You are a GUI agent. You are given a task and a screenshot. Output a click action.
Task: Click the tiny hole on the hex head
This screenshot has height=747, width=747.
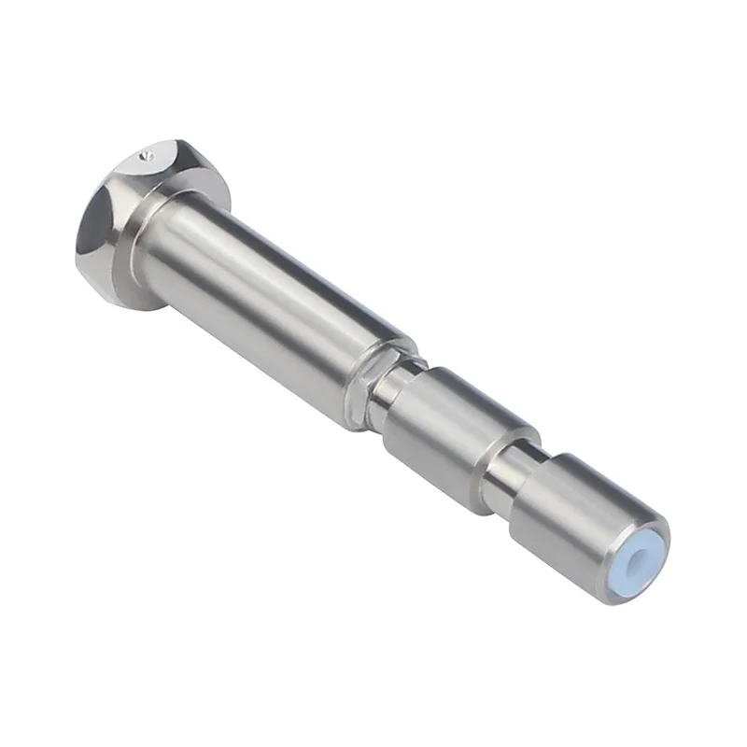click(143, 159)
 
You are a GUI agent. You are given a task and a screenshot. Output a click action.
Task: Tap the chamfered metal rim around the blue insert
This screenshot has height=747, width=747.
click(654, 532)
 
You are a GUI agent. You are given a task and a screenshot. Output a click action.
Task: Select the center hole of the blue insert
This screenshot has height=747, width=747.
click(641, 558)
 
